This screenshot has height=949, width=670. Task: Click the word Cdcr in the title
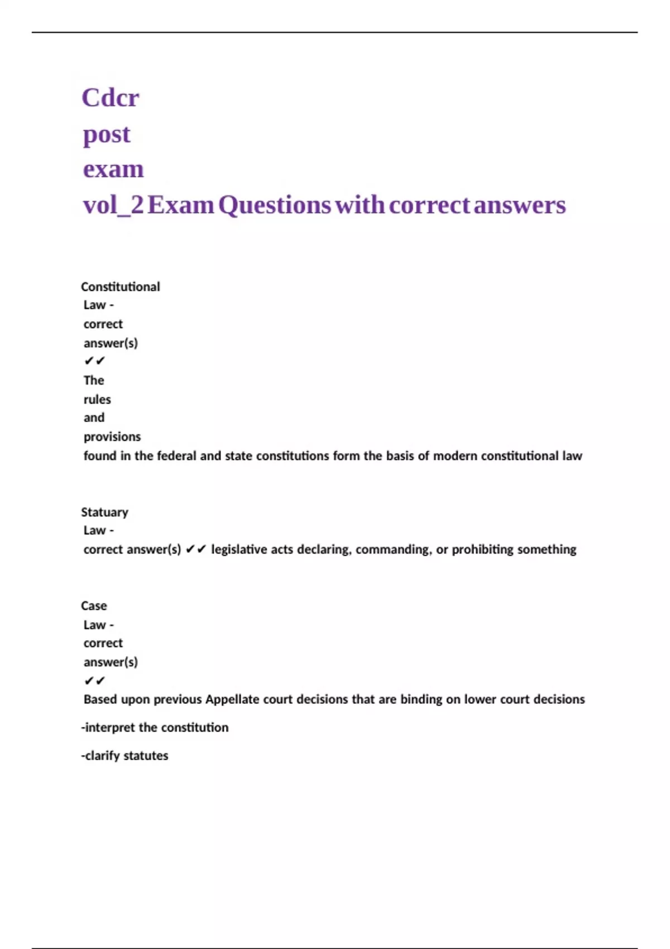[110, 98]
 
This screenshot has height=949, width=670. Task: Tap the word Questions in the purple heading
[274, 205]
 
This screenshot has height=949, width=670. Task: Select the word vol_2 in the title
[113, 205]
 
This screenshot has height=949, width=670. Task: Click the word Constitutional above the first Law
[120, 287]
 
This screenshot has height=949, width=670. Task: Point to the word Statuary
[104, 512]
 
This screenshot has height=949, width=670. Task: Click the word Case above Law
[94, 606]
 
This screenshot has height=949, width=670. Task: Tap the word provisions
[112, 437]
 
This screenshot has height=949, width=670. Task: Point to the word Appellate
[232, 699]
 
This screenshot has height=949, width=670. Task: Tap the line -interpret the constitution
[155, 727]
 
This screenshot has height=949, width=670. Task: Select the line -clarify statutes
[125, 755]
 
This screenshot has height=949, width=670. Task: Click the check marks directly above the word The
[94, 361]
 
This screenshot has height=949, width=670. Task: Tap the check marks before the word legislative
[195, 549]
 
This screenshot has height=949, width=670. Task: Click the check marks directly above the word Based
[94, 681]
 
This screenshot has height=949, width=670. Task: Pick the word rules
[97, 400]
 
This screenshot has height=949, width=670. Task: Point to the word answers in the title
[519, 205]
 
